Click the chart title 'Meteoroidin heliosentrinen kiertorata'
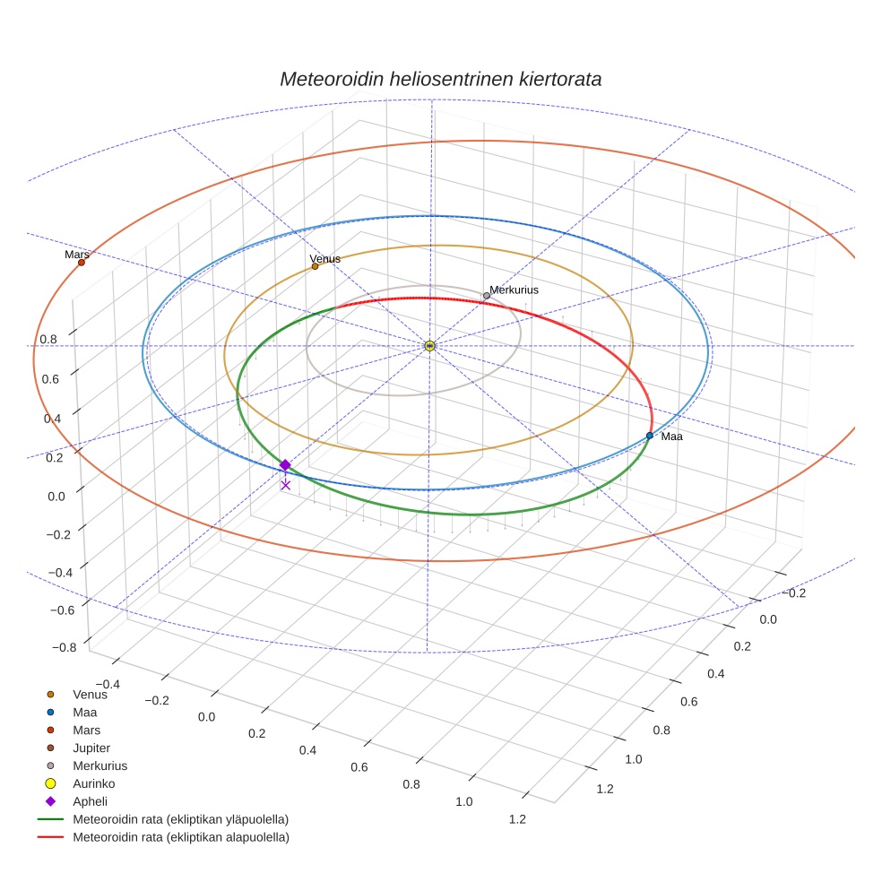[440, 79]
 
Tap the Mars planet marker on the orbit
[82, 263]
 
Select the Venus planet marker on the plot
[315, 266]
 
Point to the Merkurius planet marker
[487, 296]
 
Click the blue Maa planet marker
[650, 436]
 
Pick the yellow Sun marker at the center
[429, 346]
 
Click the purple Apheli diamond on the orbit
[285, 465]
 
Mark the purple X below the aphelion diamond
[285, 485]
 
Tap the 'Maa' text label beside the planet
[671, 437]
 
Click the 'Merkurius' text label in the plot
[514, 290]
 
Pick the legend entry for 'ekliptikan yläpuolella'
[180, 819]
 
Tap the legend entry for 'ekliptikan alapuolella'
[180, 837]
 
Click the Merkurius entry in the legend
[99, 765]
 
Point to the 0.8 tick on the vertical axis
[49, 340]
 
